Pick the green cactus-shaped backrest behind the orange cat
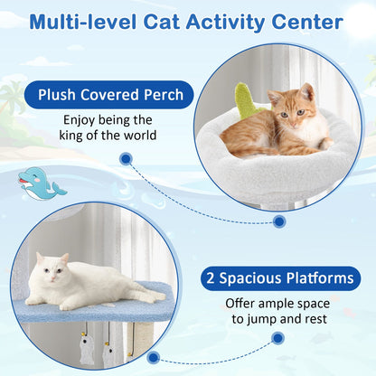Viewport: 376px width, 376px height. coord(242,103)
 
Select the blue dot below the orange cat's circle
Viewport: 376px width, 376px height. coord(278,221)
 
